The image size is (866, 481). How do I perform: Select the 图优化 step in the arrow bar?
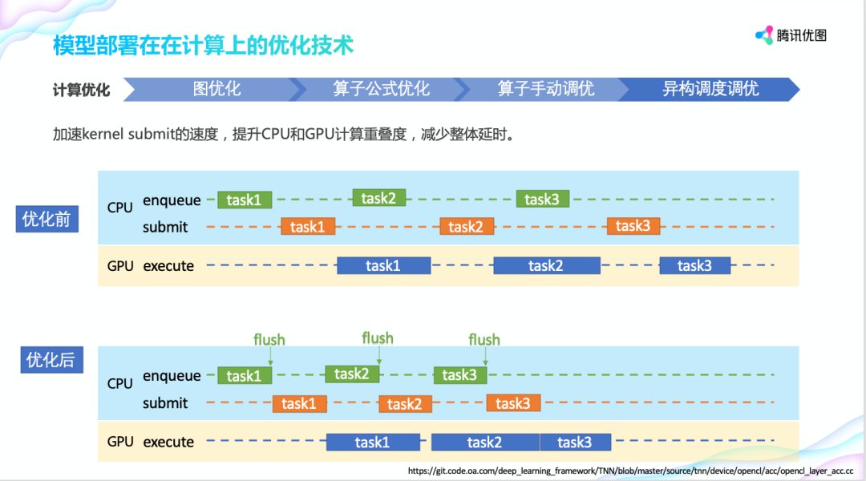pyautogui.click(x=216, y=89)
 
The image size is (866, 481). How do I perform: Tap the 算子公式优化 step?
pyautogui.click(x=382, y=89)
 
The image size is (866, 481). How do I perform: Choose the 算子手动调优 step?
pyautogui.click(x=545, y=89)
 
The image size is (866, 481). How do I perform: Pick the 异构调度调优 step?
pyautogui.click(x=710, y=89)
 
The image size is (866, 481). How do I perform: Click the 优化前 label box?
pyautogui.click(x=47, y=219)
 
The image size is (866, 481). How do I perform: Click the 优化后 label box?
pyautogui.click(x=50, y=360)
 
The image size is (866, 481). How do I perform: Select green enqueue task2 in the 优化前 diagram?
pyautogui.click(x=379, y=198)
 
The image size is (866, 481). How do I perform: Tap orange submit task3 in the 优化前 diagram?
pyautogui.click(x=633, y=226)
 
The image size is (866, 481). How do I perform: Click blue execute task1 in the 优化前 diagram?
pyautogui.click(x=383, y=265)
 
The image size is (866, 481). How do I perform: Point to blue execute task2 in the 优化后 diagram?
pyautogui.click(x=485, y=442)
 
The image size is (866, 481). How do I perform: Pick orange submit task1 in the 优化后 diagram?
pyautogui.click(x=299, y=403)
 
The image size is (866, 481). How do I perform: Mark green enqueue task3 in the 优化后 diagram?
pyautogui.click(x=460, y=374)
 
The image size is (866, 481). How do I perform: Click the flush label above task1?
pyautogui.click(x=269, y=340)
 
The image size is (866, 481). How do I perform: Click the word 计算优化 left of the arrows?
pyautogui.click(x=82, y=90)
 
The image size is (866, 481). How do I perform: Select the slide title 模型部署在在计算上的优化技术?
pyautogui.click(x=203, y=45)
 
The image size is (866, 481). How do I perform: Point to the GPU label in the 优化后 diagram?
pyautogui.click(x=120, y=442)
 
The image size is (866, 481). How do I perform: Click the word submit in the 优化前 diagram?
pyautogui.click(x=165, y=227)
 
